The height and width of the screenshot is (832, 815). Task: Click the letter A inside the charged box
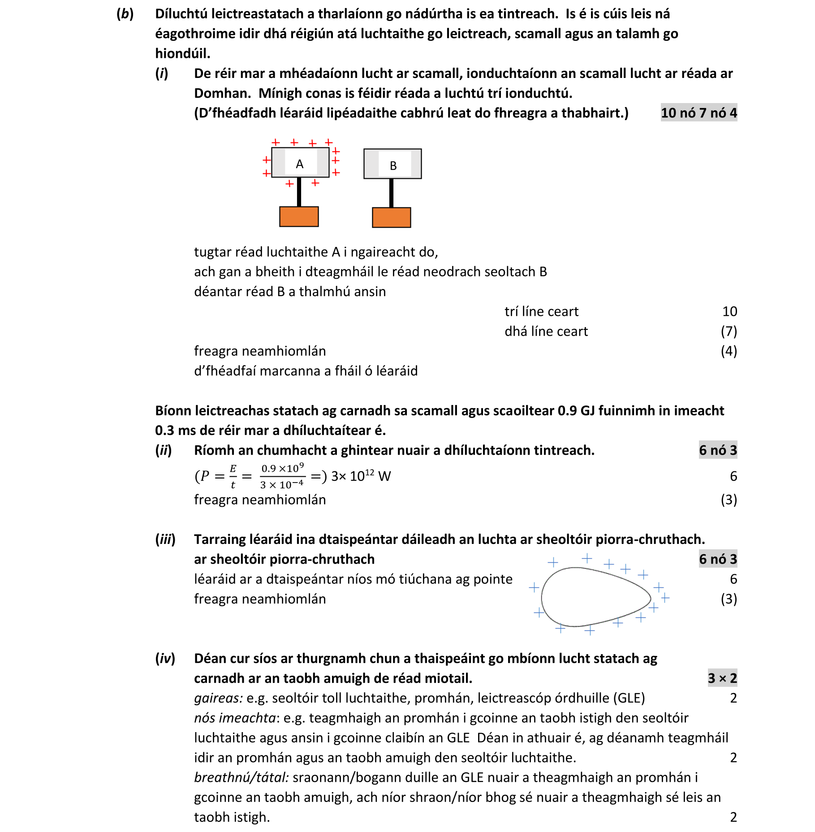click(x=300, y=164)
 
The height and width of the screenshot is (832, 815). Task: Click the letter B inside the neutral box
click(x=393, y=166)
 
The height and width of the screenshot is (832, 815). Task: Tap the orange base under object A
click(x=299, y=216)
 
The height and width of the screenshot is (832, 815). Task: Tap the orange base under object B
click(x=391, y=217)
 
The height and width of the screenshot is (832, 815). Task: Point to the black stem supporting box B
click(x=391, y=193)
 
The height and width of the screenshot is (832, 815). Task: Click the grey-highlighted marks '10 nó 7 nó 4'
click(x=698, y=113)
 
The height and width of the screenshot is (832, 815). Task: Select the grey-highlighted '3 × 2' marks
click(x=722, y=678)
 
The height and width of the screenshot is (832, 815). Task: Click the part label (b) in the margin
click(x=125, y=14)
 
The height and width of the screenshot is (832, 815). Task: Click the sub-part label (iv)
click(x=165, y=658)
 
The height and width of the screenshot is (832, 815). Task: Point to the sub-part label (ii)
click(x=164, y=450)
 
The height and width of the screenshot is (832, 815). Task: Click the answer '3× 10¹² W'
click(x=361, y=476)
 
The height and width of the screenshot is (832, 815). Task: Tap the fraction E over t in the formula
click(x=233, y=476)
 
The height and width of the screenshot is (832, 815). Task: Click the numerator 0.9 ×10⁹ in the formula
click(x=282, y=468)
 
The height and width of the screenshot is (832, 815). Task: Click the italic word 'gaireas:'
click(x=218, y=698)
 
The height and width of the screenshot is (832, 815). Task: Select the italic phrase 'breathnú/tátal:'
click(x=241, y=777)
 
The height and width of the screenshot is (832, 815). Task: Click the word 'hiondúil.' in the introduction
click(x=182, y=53)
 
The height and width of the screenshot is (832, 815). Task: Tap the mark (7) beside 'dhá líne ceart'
click(x=729, y=331)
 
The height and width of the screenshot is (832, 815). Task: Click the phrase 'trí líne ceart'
click(x=541, y=311)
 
